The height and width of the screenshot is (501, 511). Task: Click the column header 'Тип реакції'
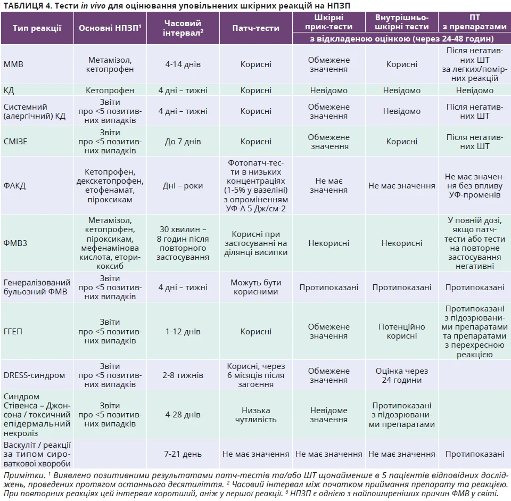37,28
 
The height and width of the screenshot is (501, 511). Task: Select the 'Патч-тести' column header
256,28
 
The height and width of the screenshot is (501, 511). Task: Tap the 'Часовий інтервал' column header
183,28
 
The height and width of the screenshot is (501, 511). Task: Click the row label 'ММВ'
14,64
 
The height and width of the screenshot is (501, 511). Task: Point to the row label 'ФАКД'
15,186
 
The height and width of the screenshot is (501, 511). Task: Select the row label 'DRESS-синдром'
35,375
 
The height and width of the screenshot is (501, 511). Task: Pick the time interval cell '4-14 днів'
183,64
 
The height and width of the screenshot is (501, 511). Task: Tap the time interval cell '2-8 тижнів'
183,375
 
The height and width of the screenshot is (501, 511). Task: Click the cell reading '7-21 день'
183,454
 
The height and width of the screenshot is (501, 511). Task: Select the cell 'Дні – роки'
183,186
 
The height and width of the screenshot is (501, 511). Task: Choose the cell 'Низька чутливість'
256,415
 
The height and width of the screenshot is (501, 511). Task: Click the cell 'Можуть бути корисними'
256,287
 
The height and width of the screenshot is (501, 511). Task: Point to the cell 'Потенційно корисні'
402,331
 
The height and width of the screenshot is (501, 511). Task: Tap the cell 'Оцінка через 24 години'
402,375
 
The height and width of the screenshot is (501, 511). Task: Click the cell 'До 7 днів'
183,142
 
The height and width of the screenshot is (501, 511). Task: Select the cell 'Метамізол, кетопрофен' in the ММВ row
111,64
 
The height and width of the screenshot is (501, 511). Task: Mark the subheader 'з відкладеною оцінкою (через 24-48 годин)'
401,39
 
